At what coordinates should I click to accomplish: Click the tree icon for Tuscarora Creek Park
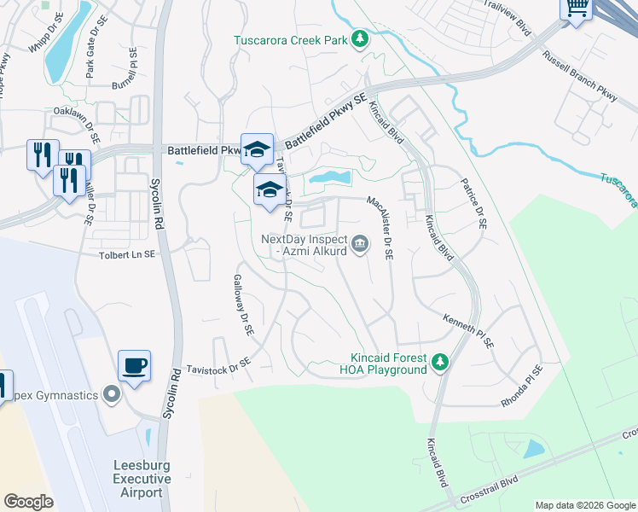tap(361, 38)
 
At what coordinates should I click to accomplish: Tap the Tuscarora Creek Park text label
tap(292, 39)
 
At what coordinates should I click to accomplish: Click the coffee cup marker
tap(135, 367)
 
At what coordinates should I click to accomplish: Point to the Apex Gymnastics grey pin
tap(110, 394)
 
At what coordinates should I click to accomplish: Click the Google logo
tap(28, 501)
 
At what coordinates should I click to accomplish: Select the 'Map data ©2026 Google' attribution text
tap(585, 505)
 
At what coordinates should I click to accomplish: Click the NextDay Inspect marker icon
tap(361, 246)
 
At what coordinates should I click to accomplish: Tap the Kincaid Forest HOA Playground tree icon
tap(440, 363)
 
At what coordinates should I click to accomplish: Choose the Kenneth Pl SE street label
tap(467, 330)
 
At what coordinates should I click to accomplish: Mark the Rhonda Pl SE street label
tap(521, 387)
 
